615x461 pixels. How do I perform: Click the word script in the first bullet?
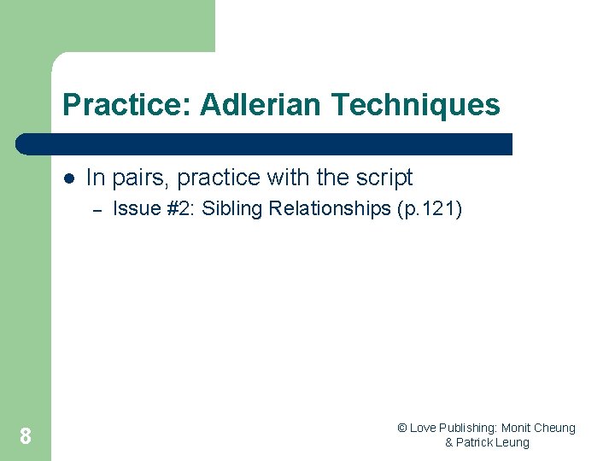pos(384,178)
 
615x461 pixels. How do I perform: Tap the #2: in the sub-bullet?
pos(176,208)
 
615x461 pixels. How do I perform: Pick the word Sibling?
pos(231,208)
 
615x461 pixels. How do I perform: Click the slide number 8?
pos(26,436)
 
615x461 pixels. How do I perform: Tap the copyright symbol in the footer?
pos(402,428)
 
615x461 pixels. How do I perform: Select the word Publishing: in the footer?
pos(469,428)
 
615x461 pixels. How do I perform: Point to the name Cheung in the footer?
pos(556,428)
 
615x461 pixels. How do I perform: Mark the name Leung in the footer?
pos(514,442)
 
